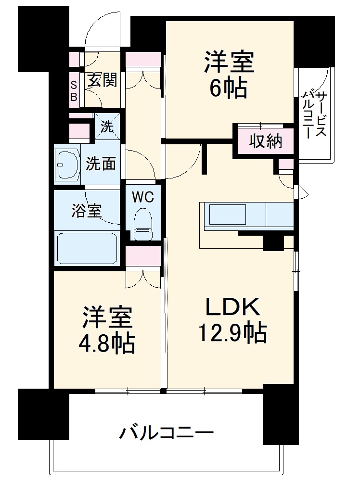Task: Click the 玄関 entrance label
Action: click(102, 80)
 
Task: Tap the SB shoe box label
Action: click(74, 91)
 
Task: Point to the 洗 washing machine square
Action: click(107, 127)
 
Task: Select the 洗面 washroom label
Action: click(101, 164)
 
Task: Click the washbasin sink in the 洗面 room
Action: click(68, 165)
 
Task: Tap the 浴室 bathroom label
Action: click(87, 211)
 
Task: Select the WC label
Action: click(143, 197)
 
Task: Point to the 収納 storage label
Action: click(265, 142)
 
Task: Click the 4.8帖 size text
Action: click(107, 343)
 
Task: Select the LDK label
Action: click(233, 306)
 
